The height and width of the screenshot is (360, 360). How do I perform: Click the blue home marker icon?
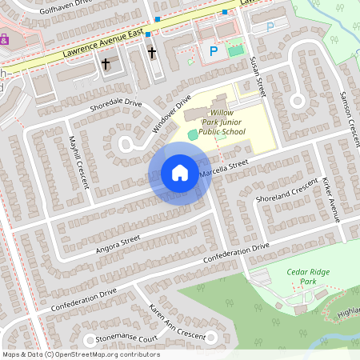click(180, 173)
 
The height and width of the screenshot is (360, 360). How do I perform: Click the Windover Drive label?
click(172, 114)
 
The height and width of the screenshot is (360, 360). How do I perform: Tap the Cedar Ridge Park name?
click(307, 277)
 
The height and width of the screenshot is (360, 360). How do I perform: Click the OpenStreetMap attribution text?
click(80, 354)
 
